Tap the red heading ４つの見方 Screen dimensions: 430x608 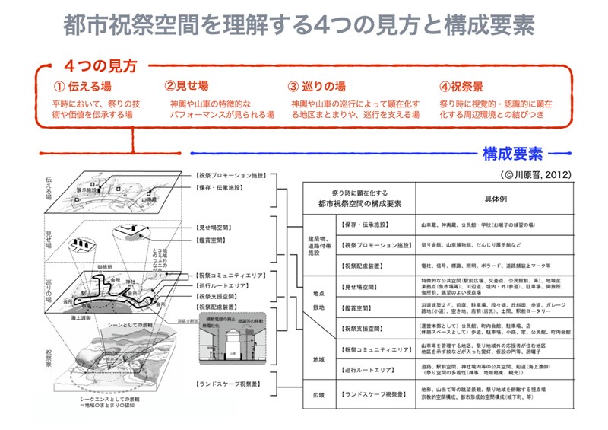(100, 66)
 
